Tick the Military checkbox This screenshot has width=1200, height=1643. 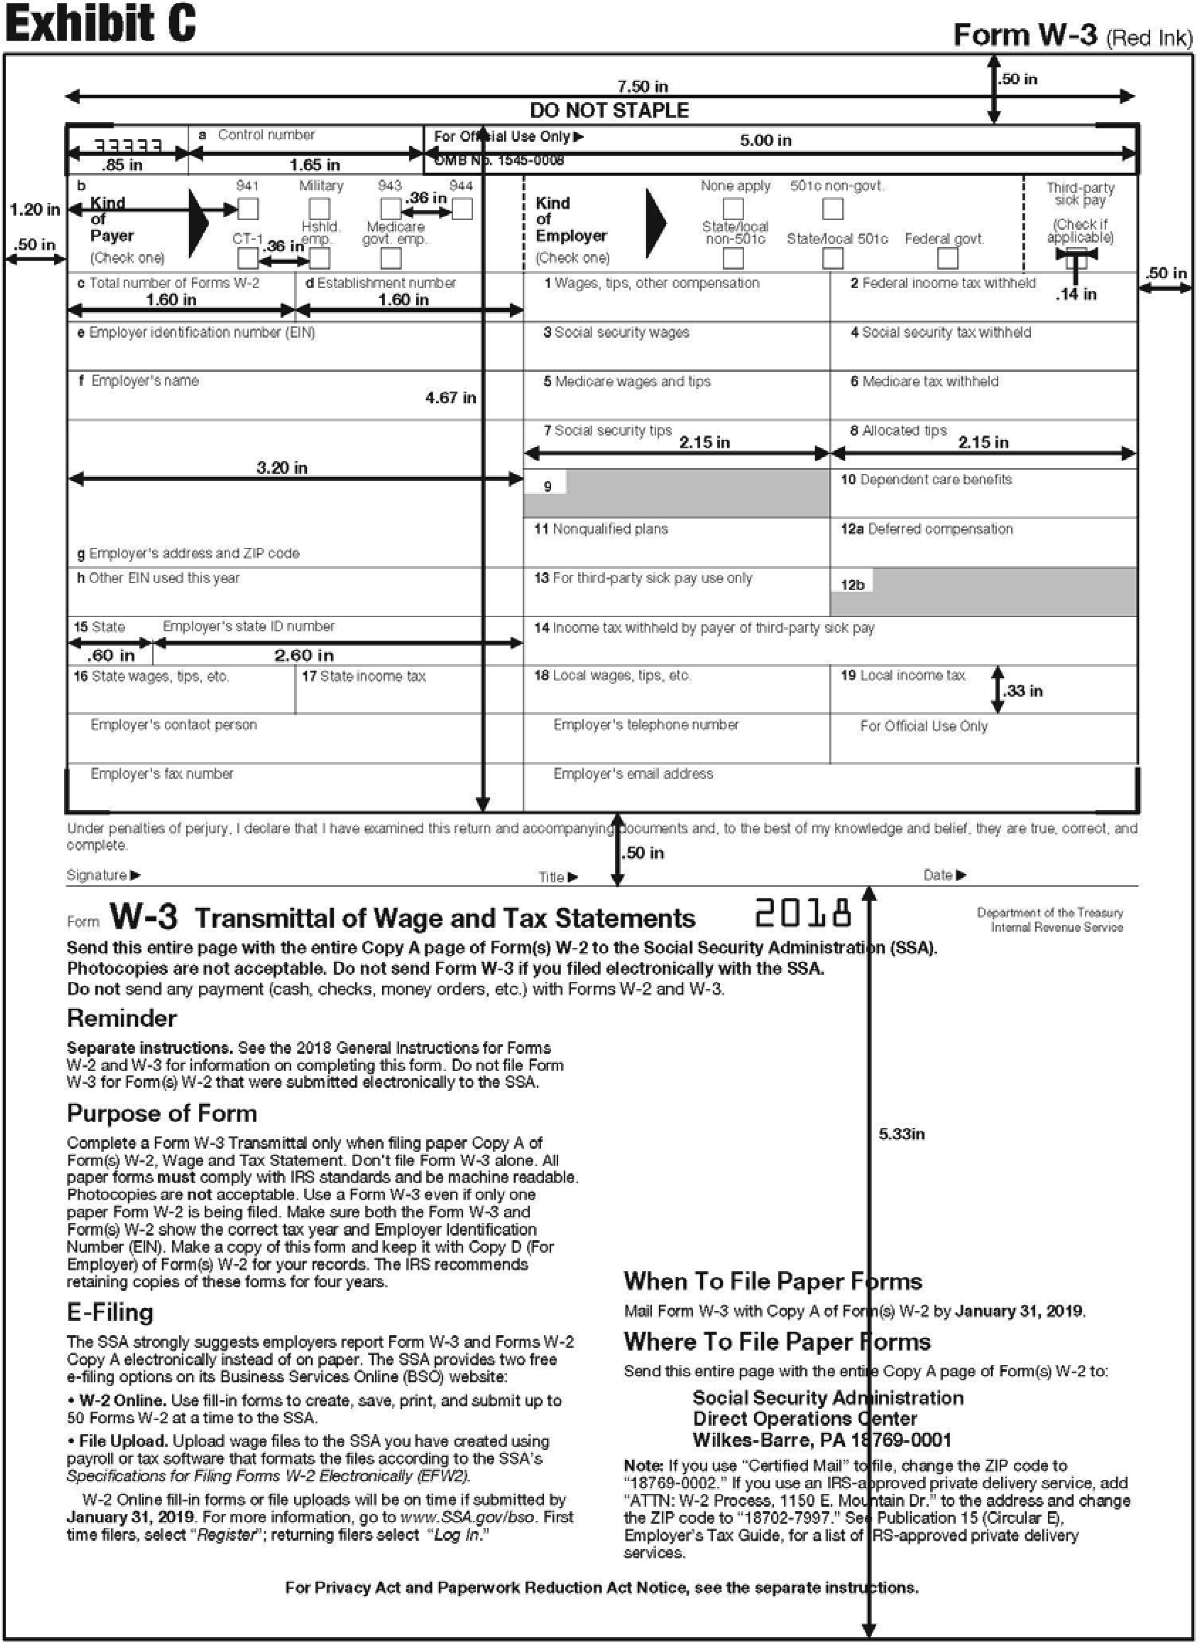click(320, 209)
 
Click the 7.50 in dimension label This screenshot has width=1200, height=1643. click(642, 87)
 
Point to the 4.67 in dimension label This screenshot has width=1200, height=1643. click(450, 397)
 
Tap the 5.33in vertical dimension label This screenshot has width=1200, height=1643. click(902, 1134)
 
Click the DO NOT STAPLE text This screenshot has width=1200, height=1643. click(609, 110)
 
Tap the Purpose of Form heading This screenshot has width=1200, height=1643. click(161, 1113)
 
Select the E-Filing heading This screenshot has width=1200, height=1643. click(110, 1313)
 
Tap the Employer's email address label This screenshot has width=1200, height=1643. click(633, 773)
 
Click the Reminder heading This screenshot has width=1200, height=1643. click(121, 1018)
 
